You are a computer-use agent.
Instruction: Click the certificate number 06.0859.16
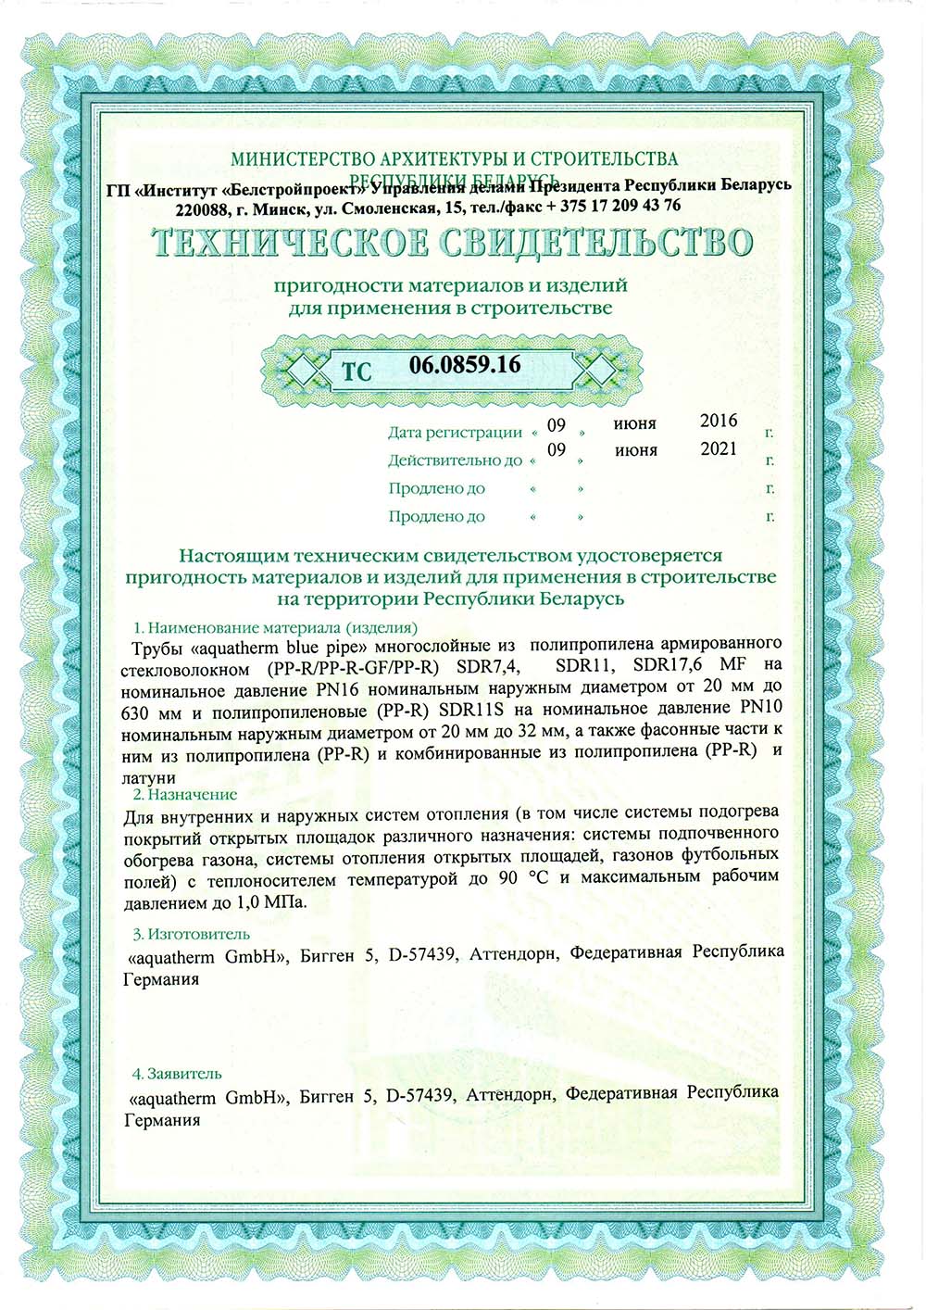[x=465, y=365]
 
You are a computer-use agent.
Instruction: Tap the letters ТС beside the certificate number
[x=357, y=372]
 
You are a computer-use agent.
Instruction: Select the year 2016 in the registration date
[x=719, y=421]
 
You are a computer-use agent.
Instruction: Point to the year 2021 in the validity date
[x=719, y=449]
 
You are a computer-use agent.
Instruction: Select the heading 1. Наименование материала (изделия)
[x=276, y=626]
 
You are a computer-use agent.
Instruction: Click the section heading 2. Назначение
[x=185, y=794]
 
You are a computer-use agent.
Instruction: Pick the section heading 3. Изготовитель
[x=191, y=934]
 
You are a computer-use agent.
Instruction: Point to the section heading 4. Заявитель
[x=177, y=1074]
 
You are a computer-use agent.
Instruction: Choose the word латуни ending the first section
[x=148, y=778]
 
